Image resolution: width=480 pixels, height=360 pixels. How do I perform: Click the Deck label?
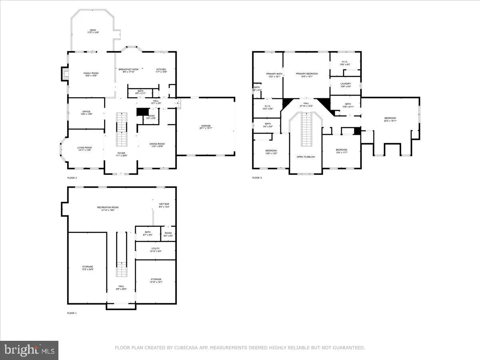pyautogui.click(x=93, y=31)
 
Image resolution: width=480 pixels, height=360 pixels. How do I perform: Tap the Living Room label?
pyautogui.click(x=84, y=149)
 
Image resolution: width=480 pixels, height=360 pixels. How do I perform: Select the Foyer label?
pyautogui.click(x=121, y=154)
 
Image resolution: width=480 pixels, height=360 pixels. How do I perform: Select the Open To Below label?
pyautogui.click(x=306, y=157)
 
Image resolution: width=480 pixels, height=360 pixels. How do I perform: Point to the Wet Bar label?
pyautogui.click(x=164, y=205)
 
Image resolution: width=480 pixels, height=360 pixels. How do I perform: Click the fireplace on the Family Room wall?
pyautogui.click(x=64, y=74)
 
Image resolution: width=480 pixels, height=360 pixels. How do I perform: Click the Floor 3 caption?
pyautogui.click(x=257, y=178)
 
